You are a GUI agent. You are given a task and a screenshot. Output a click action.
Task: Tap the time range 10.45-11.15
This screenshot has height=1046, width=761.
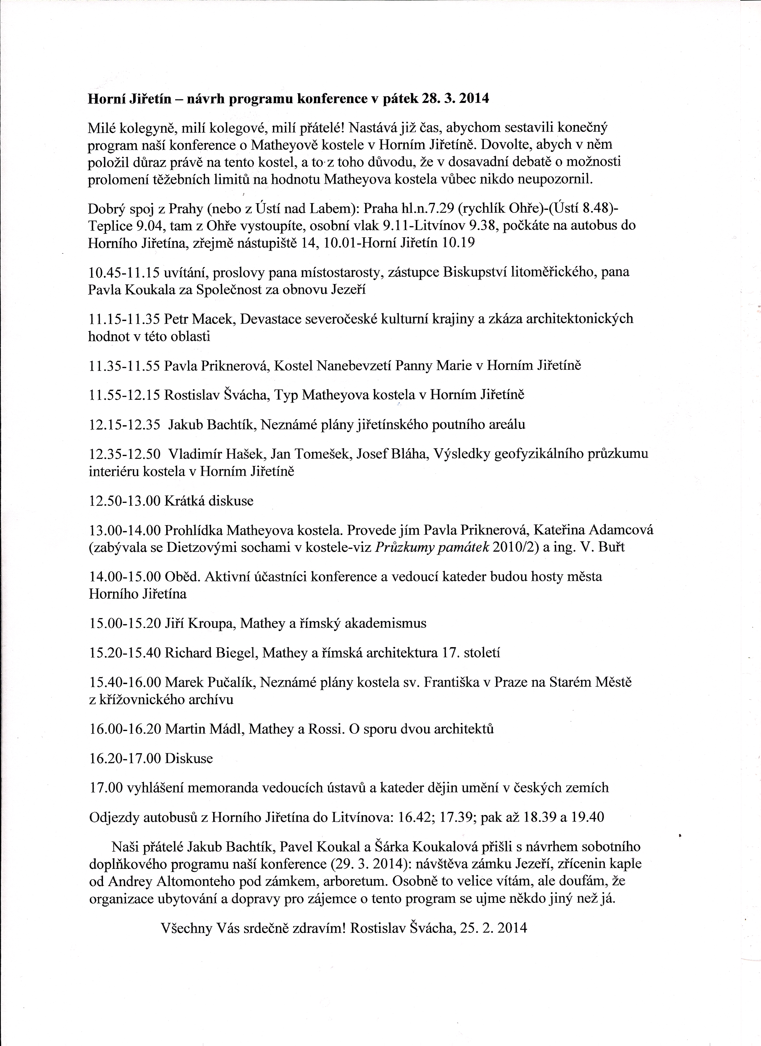point(124,272)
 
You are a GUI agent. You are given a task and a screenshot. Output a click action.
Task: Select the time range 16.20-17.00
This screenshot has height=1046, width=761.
point(124,758)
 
